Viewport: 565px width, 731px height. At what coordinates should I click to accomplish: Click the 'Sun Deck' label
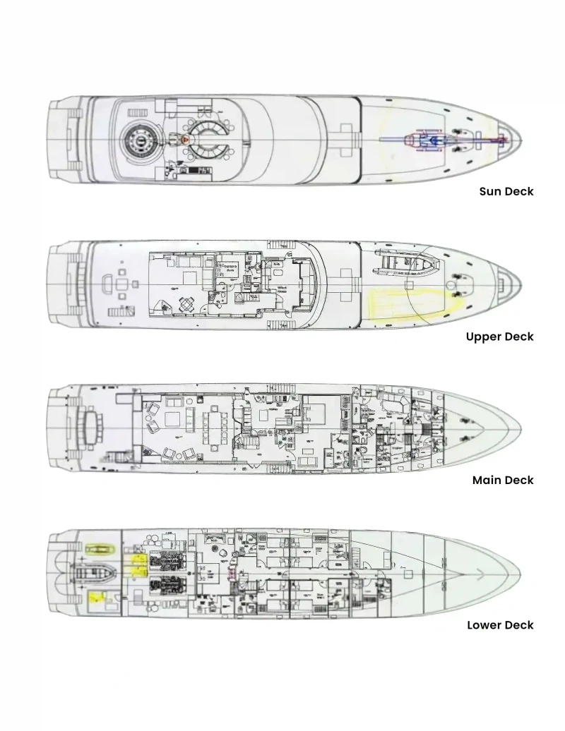point(506,191)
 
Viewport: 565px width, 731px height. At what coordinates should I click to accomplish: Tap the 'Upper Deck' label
point(499,337)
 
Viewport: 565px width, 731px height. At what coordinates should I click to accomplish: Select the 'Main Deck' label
point(503,481)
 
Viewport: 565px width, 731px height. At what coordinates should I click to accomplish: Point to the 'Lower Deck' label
point(500,625)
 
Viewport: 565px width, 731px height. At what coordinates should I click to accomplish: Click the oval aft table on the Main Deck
point(90,425)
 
